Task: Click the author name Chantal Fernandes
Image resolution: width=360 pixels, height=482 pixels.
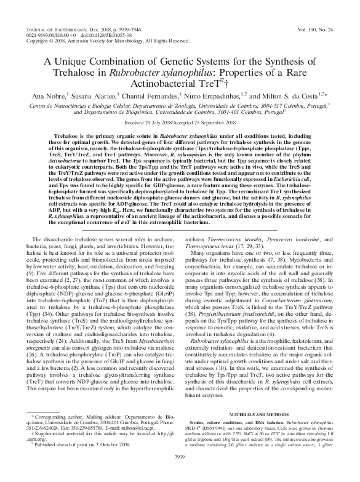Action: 151,97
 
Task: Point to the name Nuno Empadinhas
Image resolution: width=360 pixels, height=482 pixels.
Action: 209,97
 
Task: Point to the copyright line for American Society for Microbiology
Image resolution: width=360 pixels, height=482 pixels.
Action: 108,41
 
